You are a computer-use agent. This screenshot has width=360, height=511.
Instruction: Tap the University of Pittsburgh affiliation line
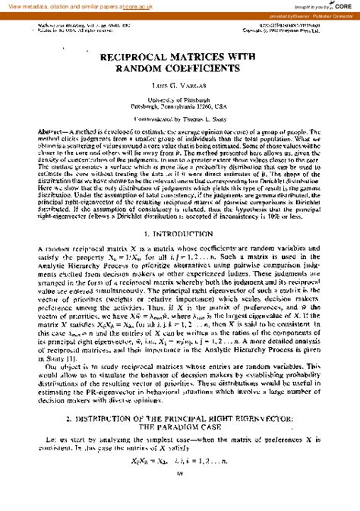(179, 99)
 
